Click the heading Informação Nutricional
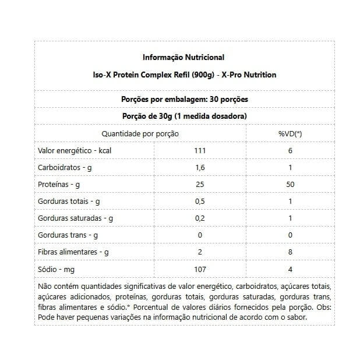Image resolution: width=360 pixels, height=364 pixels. point(183,58)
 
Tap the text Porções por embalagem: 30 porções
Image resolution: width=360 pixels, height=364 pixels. point(183,99)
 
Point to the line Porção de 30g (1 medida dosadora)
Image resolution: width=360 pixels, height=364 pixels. point(183,116)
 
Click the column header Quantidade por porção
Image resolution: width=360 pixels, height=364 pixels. point(140,134)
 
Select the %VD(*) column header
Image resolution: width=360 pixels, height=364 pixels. point(290,134)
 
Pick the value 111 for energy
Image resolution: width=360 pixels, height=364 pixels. point(200,151)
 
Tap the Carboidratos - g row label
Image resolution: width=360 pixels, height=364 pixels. point(65,168)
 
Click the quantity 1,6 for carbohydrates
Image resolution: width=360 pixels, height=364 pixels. point(200,168)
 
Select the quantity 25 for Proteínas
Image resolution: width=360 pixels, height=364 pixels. point(200,185)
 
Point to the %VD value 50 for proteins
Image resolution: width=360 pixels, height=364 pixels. point(290,185)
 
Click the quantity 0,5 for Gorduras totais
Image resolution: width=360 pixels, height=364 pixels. point(200,202)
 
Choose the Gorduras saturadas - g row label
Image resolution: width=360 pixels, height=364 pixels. point(75,218)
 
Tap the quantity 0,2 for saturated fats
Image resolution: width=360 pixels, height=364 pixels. point(200,218)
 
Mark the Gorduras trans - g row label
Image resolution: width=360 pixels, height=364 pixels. point(68,235)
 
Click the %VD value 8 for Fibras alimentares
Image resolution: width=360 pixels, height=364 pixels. point(290,252)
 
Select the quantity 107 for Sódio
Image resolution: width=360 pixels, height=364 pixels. point(200,269)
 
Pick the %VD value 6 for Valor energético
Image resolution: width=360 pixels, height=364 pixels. point(290,151)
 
